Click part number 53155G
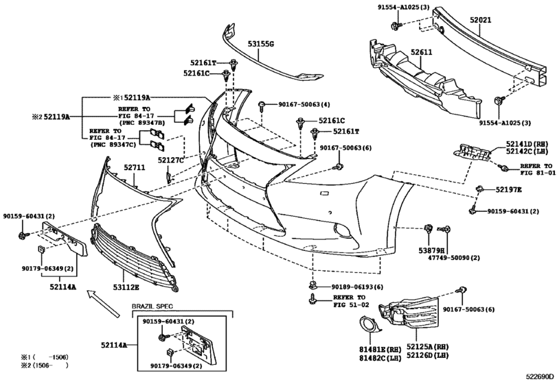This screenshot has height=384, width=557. click(261, 44)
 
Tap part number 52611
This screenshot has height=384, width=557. click(421, 52)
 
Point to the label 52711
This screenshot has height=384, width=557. click(135, 167)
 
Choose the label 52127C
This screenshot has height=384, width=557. click(171, 160)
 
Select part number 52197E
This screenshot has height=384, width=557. click(509, 189)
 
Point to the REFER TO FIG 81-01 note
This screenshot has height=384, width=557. click(535, 170)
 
